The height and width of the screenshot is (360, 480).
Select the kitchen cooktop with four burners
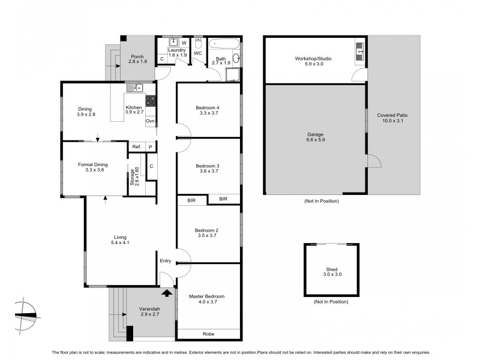[x=151, y=101]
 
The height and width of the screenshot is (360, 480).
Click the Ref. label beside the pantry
[x=136, y=147]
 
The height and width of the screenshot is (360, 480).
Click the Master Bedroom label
[x=206, y=296]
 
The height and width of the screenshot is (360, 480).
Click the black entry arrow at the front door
[x=166, y=293]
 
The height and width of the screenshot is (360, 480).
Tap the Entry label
[x=166, y=260]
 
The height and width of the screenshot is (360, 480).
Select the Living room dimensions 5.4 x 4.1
[x=120, y=242]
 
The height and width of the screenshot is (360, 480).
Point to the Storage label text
[x=133, y=179]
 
